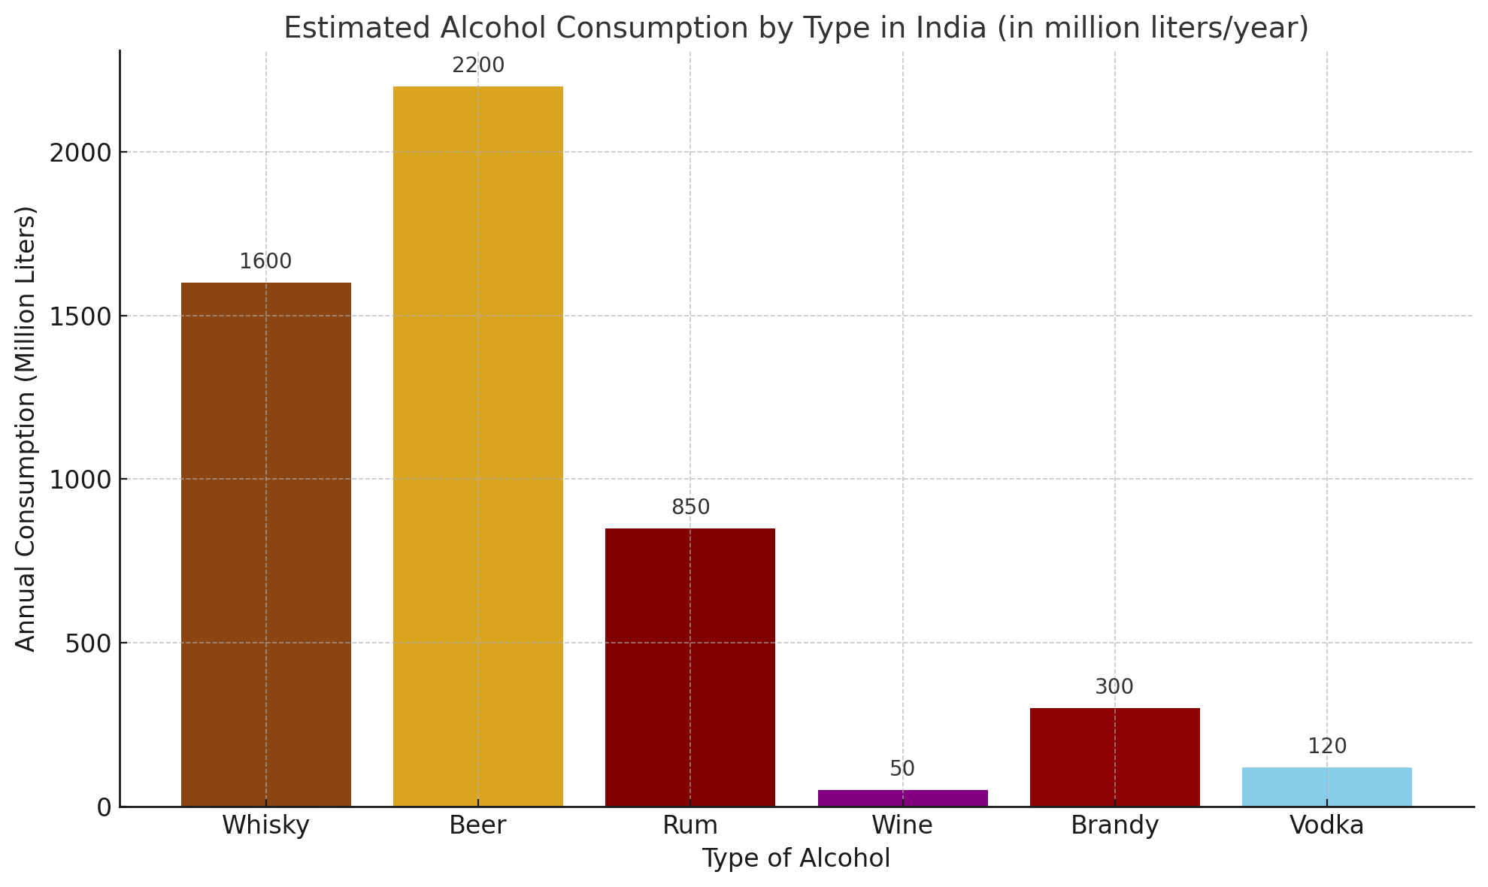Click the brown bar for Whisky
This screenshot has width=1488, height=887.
(265, 544)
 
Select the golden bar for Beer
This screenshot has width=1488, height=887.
(477, 447)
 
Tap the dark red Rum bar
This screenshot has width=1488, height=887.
(689, 667)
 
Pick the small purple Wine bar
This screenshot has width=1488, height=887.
(902, 798)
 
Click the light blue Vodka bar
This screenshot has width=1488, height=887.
(1326, 786)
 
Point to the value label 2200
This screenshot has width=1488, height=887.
(477, 66)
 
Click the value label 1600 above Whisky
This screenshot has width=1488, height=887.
(265, 262)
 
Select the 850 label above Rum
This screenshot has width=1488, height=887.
(690, 508)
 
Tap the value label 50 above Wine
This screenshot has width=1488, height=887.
(902, 769)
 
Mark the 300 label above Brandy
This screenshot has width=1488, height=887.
(1114, 687)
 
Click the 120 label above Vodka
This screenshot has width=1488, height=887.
(1326, 746)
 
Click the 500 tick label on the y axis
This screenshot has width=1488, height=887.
(86, 643)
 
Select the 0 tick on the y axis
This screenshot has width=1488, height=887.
(104, 807)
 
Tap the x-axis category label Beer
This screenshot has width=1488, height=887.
(477, 826)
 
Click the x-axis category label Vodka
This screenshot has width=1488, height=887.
(1326, 826)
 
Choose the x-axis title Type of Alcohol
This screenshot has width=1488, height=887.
(796, 858)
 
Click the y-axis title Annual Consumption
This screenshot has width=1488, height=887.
(26, 428)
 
